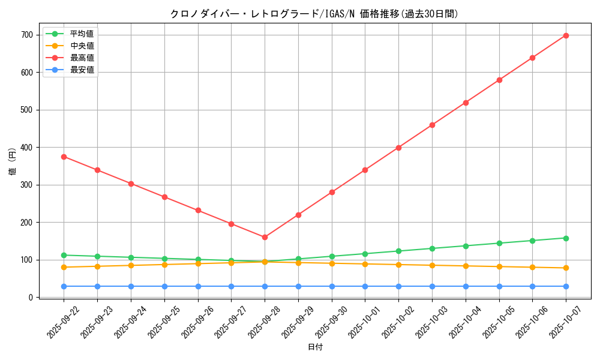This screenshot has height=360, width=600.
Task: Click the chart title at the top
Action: coord(314,14)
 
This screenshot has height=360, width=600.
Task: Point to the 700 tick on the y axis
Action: coord(26,35)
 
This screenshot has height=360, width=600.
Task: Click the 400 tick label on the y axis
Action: coord(26,148)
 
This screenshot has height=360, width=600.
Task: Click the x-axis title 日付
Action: coord(315,347)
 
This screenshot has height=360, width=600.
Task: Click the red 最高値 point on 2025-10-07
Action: coord(566,35)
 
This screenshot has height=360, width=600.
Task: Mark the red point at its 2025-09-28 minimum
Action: coord(265,237)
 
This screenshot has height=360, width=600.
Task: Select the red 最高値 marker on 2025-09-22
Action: coord(64,157)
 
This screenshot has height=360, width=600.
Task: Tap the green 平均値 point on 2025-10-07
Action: coord(566,238)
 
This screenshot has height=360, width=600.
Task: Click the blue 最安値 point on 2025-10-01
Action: coord(365,286)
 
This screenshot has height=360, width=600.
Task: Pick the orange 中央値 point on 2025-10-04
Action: coord(466,266)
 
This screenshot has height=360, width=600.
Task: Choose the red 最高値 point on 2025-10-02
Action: coord(398,148)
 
